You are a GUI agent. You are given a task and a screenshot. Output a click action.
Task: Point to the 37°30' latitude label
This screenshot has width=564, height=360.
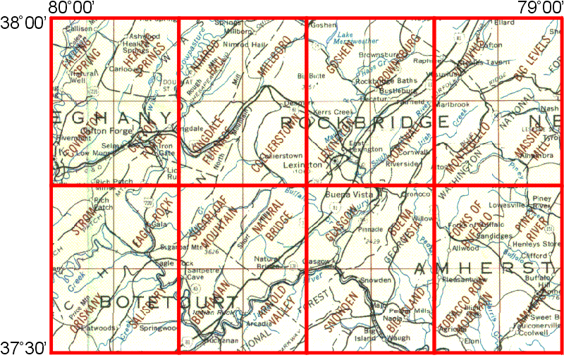(x=24, y=347)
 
